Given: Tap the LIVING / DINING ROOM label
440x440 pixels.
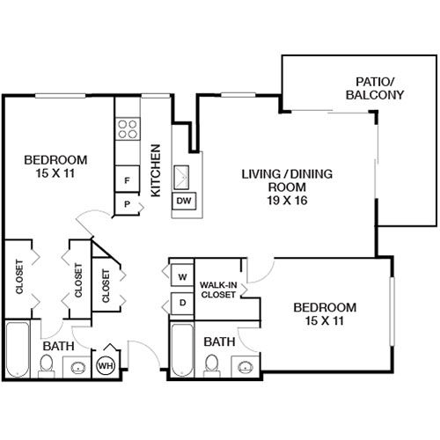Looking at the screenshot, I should click(277, 180).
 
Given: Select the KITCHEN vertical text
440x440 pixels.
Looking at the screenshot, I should click(155, 169).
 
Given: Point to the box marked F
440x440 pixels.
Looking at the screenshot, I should click(128, 180).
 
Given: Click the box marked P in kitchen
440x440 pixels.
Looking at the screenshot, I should click(128, 204).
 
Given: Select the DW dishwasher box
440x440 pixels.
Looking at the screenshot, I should click(184, 202).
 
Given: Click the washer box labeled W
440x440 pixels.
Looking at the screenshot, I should click(182, 277).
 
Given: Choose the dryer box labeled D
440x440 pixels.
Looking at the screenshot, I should click(182, 304).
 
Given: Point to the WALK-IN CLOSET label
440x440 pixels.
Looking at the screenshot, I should click(217, 290).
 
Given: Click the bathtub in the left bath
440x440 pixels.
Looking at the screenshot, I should click(18, 350).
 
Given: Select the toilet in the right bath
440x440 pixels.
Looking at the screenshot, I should click(211, 364).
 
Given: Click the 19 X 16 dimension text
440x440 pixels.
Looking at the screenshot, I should click(277, 200).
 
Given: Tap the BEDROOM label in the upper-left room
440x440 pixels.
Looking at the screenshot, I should click(55, 159).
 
